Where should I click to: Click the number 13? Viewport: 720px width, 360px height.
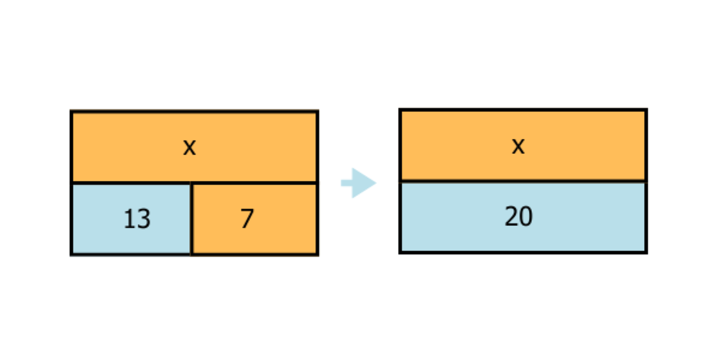click(137, 219)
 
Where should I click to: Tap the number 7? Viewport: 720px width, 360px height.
click(247, 219)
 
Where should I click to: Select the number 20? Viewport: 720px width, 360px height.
click(518, 217)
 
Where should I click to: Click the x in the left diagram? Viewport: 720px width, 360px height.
click(189, 147)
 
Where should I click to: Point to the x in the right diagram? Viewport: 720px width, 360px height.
click(518, 146)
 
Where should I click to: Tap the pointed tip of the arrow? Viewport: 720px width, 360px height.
click(375, 183)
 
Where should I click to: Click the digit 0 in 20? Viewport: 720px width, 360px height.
click(526, 217)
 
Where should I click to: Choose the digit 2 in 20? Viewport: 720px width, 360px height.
click(511, 217)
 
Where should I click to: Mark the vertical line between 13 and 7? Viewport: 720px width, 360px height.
click(191, 219)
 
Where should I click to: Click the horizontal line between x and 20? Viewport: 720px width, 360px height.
click(523, 181)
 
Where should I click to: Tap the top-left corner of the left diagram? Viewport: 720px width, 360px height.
click(71, 112)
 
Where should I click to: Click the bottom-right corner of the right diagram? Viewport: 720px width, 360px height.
click(646, 252)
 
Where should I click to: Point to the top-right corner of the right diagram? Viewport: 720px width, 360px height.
click(646, 110)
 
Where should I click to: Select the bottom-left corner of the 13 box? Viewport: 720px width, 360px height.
click(71, 254)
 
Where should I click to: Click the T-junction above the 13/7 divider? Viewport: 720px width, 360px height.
click(191, 182)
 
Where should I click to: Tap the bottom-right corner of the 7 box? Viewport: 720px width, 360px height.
click(317, 254)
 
